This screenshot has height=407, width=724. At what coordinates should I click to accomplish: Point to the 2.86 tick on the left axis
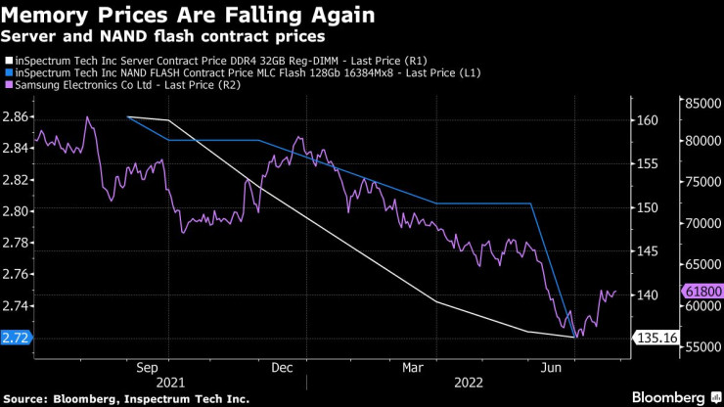point(15,116)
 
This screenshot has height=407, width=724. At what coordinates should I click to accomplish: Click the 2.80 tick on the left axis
point(15,211)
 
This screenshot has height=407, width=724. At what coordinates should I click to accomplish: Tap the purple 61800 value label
point(702,292)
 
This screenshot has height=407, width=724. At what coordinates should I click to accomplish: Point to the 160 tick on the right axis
point(648,120)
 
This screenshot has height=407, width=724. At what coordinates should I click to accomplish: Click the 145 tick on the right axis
point(648,251)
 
